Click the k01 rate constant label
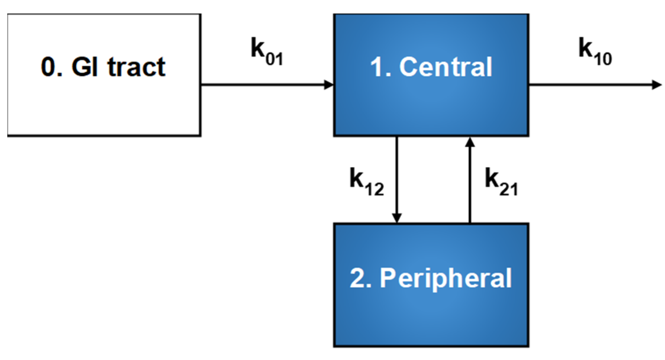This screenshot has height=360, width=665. click(x=266, y=52)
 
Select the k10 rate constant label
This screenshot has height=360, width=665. click(x=595, y=52)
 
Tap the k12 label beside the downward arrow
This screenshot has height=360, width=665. click(x=367, y=182)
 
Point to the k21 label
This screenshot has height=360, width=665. click(x=501, y=182)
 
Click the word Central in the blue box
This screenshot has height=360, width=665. click(x=446, y=67)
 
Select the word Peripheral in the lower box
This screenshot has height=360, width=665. click(x=446, y=278)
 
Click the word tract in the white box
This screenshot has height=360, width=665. click(x=136, y=67)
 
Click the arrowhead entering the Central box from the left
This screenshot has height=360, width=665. click(x=328, y=85)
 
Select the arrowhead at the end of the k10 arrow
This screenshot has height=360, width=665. click(x=657, y=85)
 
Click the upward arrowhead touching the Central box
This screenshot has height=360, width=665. click(x=470, y=142)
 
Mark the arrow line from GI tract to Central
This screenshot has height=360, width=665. click(x=263, y=85)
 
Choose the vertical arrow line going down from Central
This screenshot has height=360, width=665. click(x=397, y=175)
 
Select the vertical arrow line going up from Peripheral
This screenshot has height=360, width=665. click(x=470, y=185)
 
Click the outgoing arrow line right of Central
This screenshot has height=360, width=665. click(x=590, y=85)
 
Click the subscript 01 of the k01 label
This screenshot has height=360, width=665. click(x=274, y=59)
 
